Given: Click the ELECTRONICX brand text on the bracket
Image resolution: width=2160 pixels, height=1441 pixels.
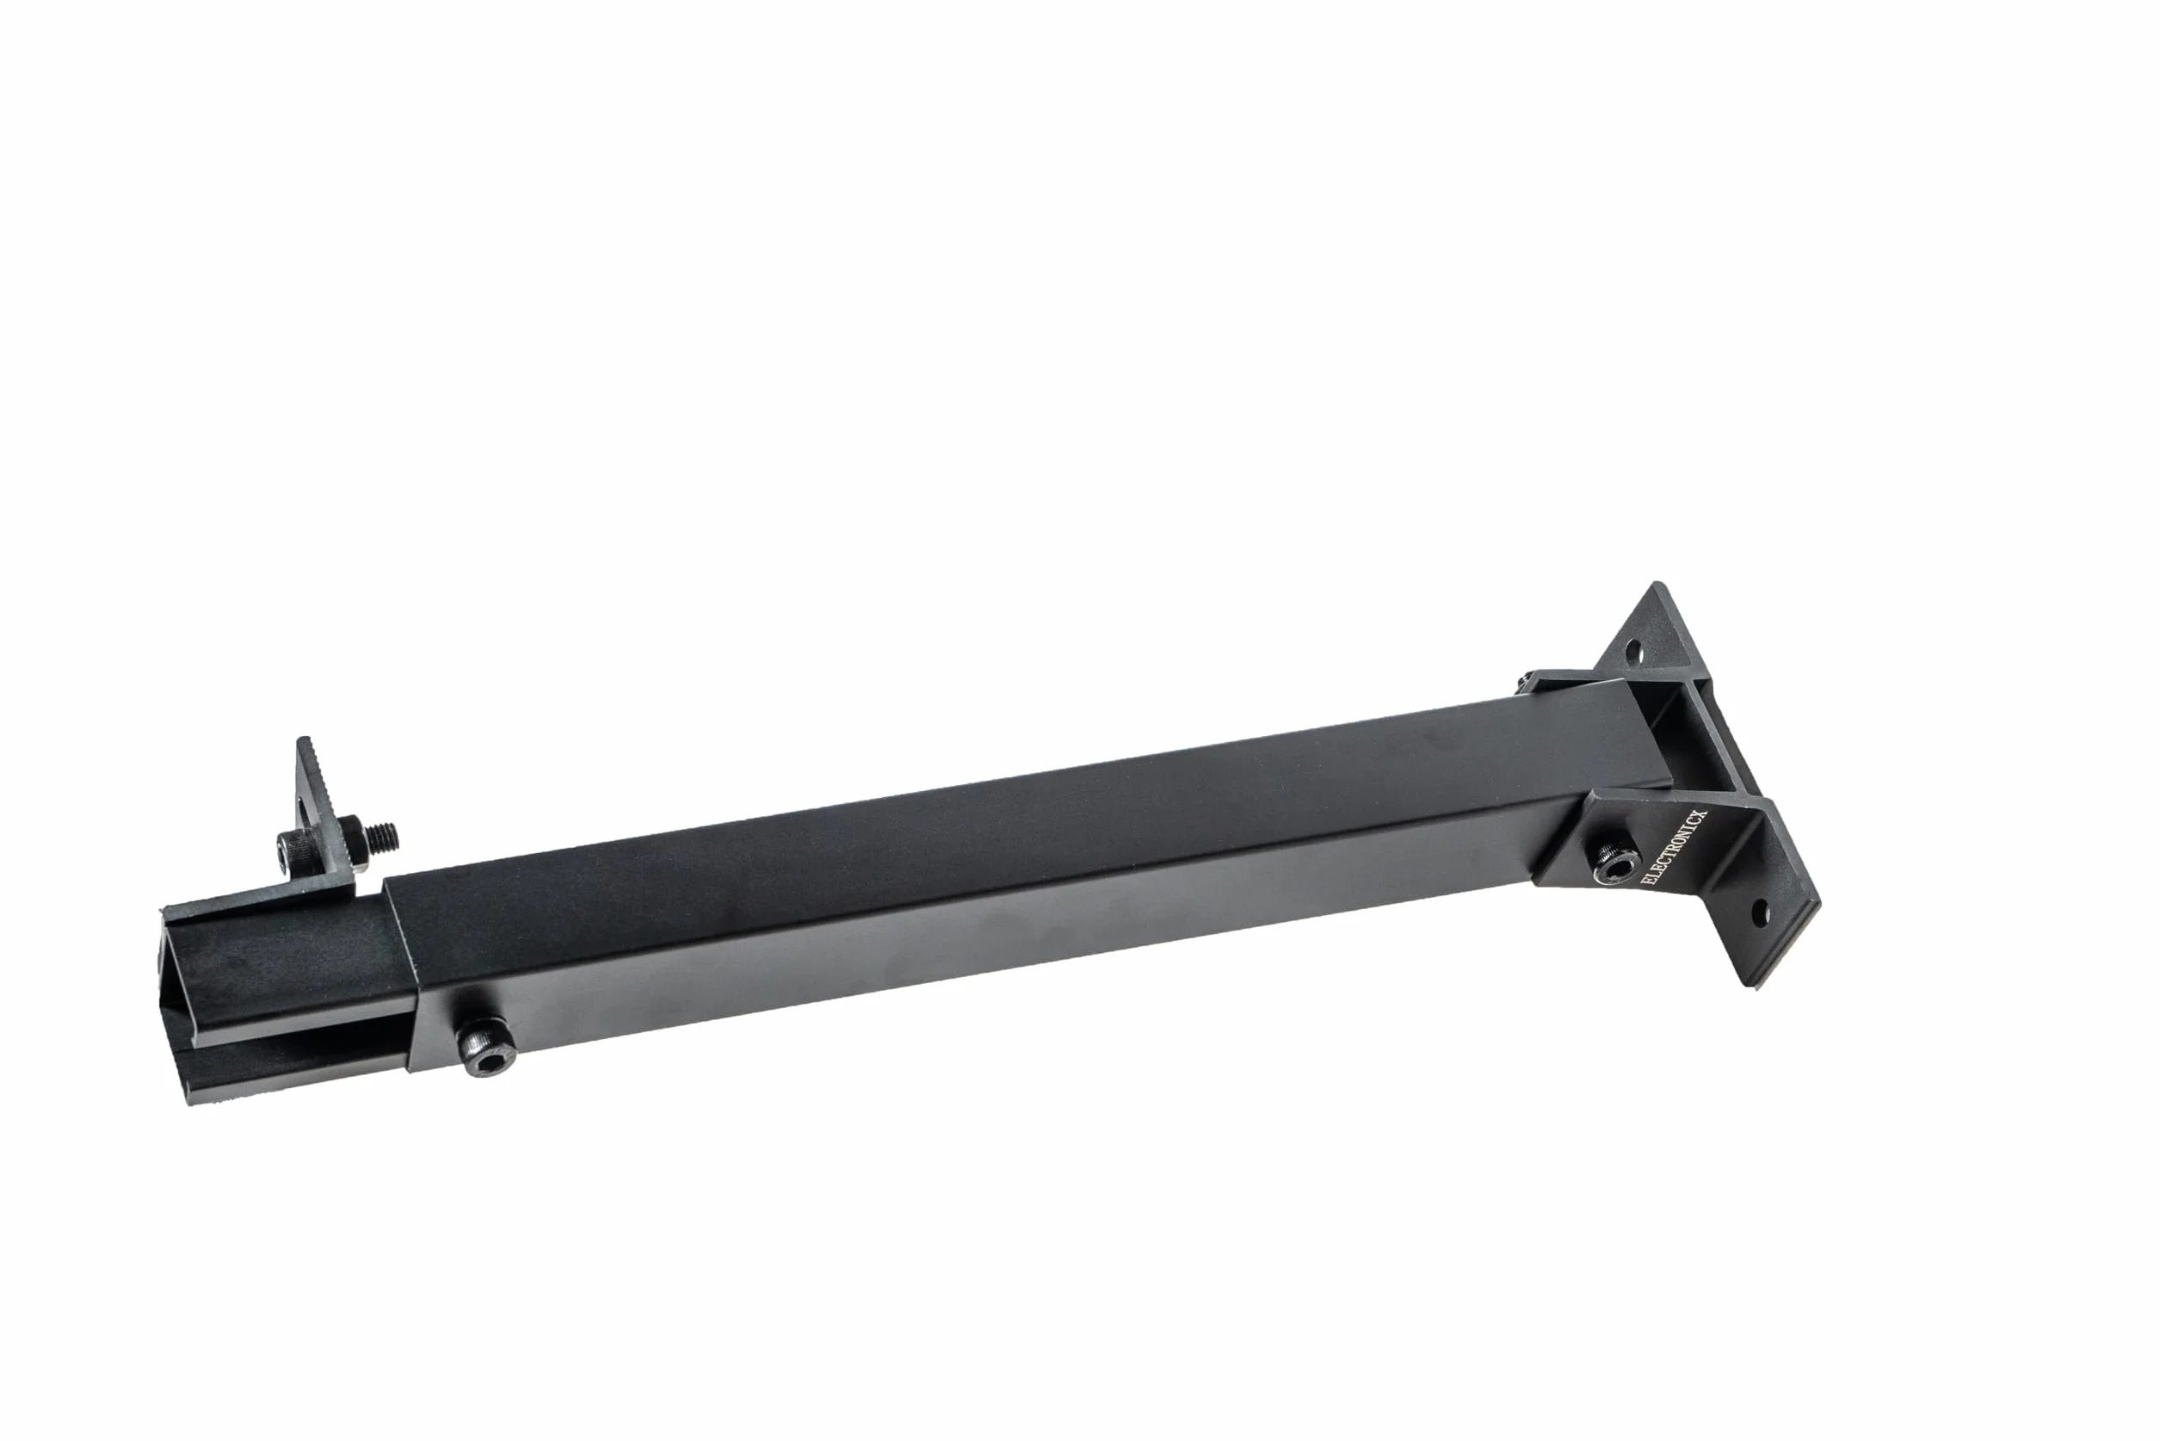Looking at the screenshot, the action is (x=1673, y=846).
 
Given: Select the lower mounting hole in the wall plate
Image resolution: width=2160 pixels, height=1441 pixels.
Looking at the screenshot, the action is (x=1761, y=912).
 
